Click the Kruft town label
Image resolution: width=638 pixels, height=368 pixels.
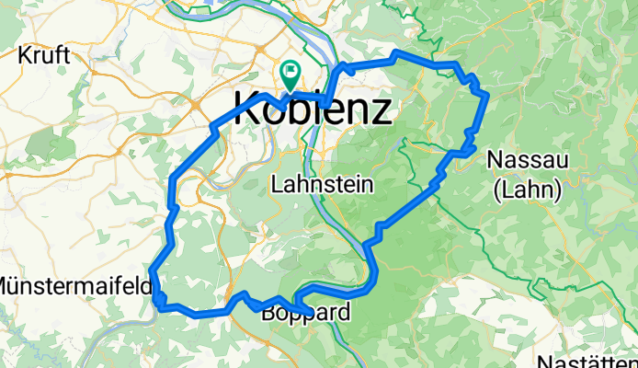(43, 55)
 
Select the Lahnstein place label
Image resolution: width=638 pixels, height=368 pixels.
(322, 185)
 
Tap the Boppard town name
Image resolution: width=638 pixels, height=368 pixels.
(305, 314)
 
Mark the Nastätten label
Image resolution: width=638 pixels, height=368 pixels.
(588, 361)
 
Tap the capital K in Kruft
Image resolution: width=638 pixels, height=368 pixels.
(24, 55)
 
